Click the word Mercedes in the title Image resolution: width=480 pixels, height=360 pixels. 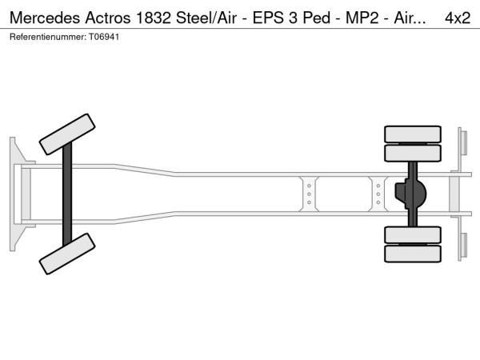click(45, 18)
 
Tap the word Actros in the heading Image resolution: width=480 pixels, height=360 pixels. click(108, 18)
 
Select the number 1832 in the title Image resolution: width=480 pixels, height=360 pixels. click(153, 18)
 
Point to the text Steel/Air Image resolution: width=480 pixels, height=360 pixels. click(206, 18)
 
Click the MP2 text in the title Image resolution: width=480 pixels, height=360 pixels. click(362, 18)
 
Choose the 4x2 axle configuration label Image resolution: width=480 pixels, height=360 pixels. click(458, 18)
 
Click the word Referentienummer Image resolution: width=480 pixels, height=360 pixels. click(48, 37)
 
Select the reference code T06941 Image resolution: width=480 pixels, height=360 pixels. click(104, 37)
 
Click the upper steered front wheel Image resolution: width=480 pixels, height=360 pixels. click(67, 134)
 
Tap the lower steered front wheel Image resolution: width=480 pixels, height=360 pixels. click(67, 254)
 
